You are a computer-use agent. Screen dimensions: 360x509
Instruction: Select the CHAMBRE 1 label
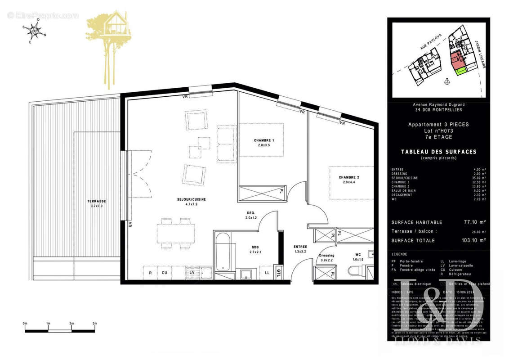pos(263,140)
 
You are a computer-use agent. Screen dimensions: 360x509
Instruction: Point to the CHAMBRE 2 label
pos(349,177)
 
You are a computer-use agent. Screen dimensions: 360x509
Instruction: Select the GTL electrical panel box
pos(279,272)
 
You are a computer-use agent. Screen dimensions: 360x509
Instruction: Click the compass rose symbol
pos(34,31)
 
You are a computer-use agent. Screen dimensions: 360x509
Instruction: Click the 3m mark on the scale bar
pos(94,324)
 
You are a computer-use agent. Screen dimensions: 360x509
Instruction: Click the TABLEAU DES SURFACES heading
pos(438,152)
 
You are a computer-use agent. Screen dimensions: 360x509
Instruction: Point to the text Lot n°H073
pos(438,130)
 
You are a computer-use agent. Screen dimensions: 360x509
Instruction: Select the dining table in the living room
pos(176,234)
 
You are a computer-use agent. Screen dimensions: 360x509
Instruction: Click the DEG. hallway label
pos(251,213)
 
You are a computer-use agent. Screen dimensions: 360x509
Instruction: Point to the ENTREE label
pos(300,247)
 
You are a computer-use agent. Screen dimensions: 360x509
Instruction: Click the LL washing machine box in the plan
pos(267,273)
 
